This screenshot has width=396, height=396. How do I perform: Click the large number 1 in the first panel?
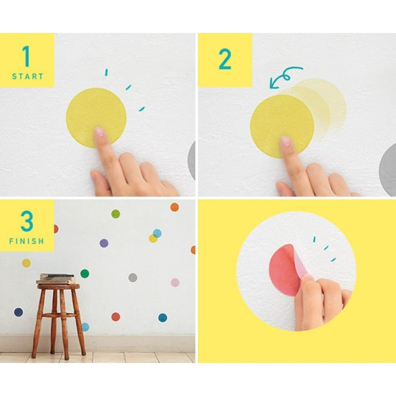coord(26,56)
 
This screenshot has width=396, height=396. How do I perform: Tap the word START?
coord(27,77)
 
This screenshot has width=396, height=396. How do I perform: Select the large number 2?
coord(225,59)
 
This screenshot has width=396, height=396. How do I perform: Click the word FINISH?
coord(27,242)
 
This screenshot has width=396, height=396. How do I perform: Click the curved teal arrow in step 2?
coord(285,75)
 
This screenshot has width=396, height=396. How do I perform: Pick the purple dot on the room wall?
coord(104,243)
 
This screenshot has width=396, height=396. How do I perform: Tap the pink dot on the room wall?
coord(175,282)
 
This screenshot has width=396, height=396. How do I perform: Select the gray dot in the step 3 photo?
coord(133,277)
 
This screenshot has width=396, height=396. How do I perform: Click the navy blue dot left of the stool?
coord(18,312)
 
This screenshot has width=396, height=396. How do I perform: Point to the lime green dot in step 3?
coord(115,214)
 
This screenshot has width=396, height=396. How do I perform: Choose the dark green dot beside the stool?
coord(84,273)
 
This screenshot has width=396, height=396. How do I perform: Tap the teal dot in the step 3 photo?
coord(162,317)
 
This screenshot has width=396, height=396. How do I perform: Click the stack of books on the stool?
coord(57,278)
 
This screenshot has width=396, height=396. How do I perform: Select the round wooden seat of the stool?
coord(58,286)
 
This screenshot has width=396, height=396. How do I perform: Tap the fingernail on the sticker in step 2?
coord(285,141)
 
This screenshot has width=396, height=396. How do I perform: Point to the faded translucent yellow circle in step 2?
coord(327,102)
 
